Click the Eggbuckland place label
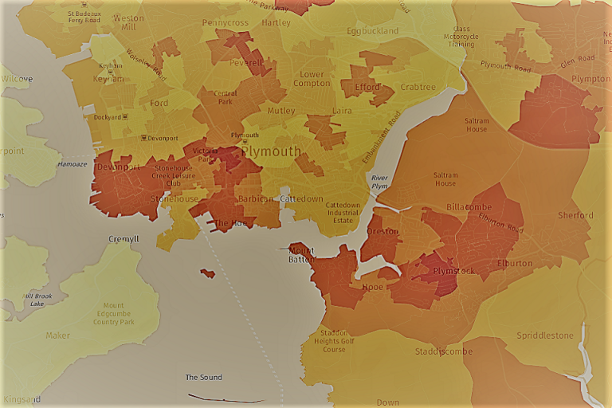pyautogui.click(x=372, y=31)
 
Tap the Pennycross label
pyautogui.click(x=225, y=23)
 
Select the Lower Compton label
pyautogui.click(x=311, y=79)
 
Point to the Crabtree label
pyautogui.click(x=418, y=88)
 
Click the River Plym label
pyautogui.click(x=379, y=182)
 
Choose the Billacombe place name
pyautogui.click(x=466, y=206)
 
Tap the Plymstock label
pyautogui.click(x=453, y=272)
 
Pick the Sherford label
pyautogui.click(x=575, y=215)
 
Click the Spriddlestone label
pyautogui.click(x=544, y=335)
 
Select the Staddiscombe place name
pyautogui.click(x=444, y=351)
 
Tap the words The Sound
pyautogui.click(x=203, y=377)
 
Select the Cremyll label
pyautogui.click(x=124, y=239)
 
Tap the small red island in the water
pyautogui.click(x=207, y=273)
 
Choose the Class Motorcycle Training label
pyautogui.click(x=461, y=37)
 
